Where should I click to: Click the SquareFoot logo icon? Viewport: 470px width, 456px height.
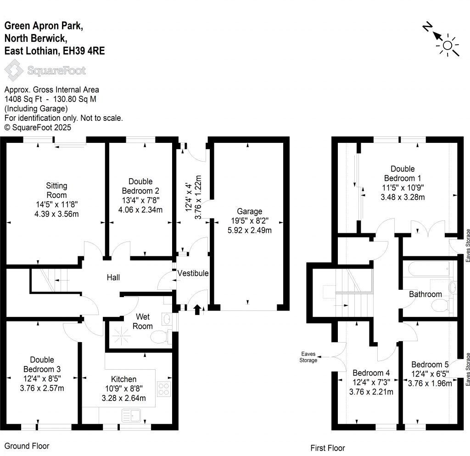[14, 71]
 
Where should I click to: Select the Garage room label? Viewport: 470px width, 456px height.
[250, 211]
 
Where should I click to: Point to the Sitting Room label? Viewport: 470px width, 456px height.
[56, 191]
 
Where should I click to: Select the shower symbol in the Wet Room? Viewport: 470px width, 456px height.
[121, 338]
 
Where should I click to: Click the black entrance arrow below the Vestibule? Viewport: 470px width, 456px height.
[198, 310]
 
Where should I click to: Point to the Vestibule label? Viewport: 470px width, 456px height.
[193, 273]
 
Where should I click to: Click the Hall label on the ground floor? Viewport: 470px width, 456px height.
[113, 277]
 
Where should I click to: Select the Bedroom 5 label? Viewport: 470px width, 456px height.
[430, 366]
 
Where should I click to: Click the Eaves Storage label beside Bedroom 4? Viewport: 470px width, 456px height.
[308, 357]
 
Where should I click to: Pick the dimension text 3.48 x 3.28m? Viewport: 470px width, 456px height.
[402, 197]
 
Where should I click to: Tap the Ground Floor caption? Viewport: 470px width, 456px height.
[27, 446]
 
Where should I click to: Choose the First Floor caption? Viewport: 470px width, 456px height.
[327, 448]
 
